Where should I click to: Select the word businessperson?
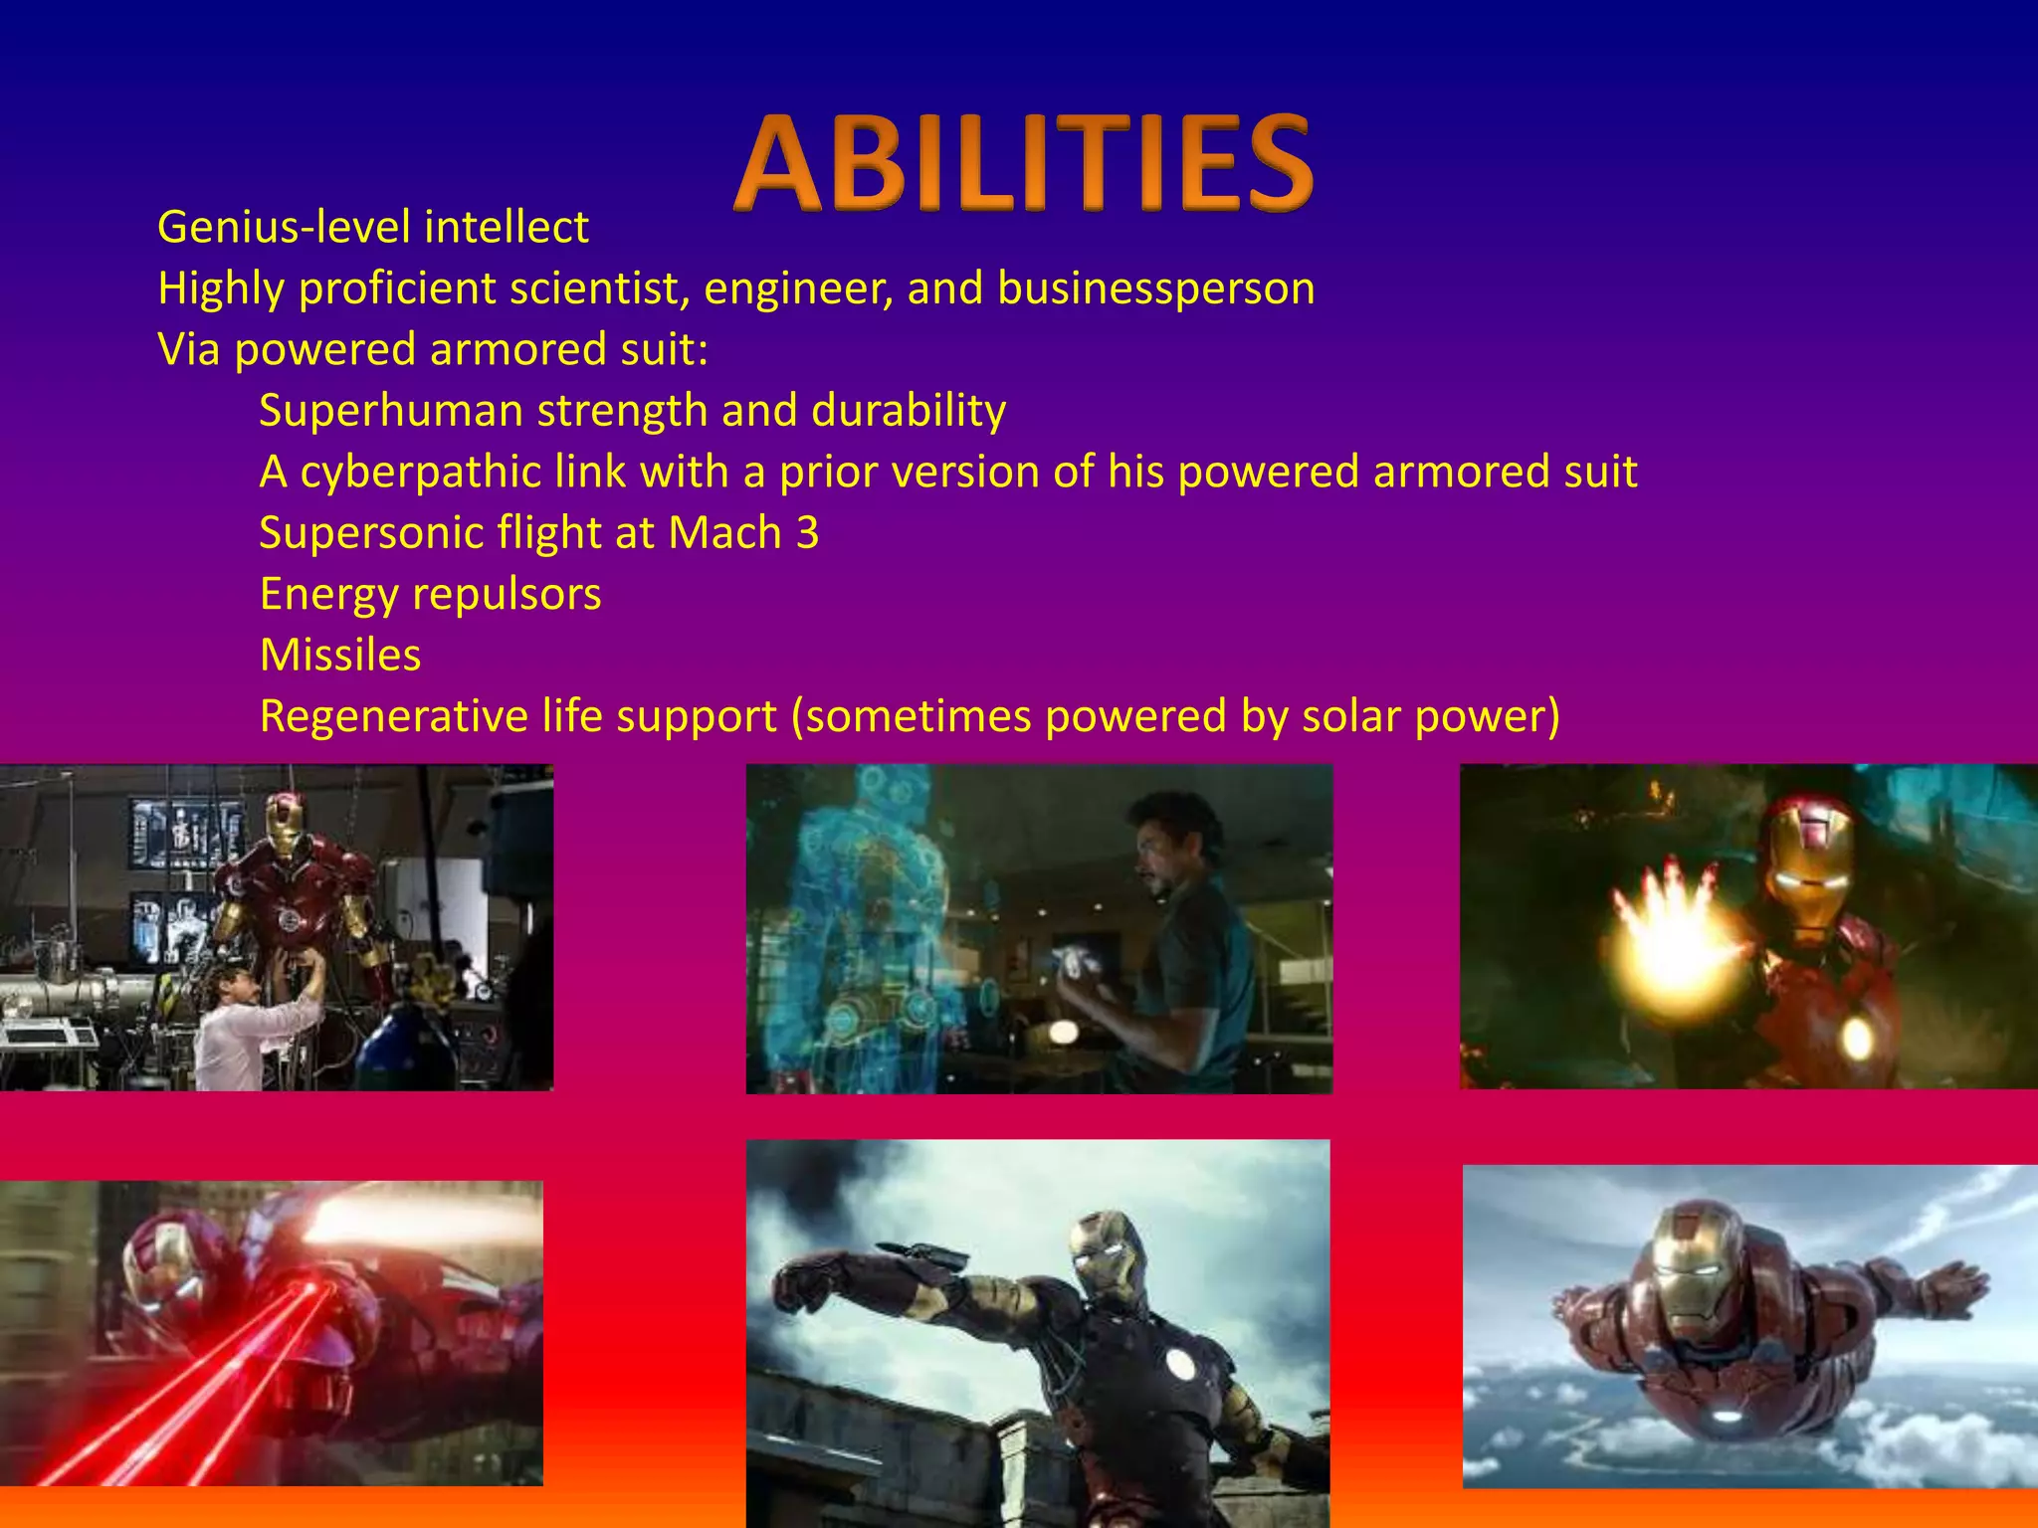pyautogui.click(x=1156, y=289)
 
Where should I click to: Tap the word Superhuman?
pyautogui.click(x=390, y=411)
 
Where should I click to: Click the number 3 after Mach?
pyautogui.click(x=807, y=533)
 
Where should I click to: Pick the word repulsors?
pyautogui.click(x=507, y=595)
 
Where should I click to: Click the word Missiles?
pyautogui.click(x=340, y=656)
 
